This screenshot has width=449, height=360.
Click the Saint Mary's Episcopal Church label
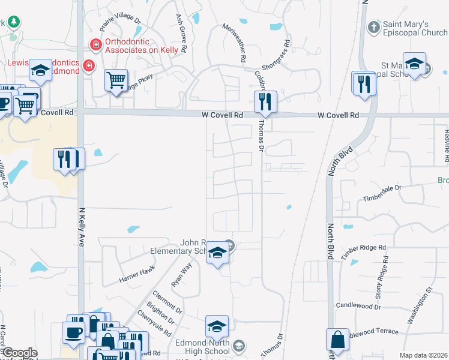tap(415, 28)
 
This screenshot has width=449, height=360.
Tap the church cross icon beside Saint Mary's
tap(373, 28)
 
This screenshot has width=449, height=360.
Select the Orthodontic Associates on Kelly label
tap(142, 46)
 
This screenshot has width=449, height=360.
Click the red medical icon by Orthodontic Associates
tap(95, 44)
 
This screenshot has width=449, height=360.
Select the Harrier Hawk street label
tap(137, 274)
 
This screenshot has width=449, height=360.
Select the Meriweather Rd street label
tap(235, 44)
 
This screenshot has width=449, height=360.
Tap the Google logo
tap(19, 353)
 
